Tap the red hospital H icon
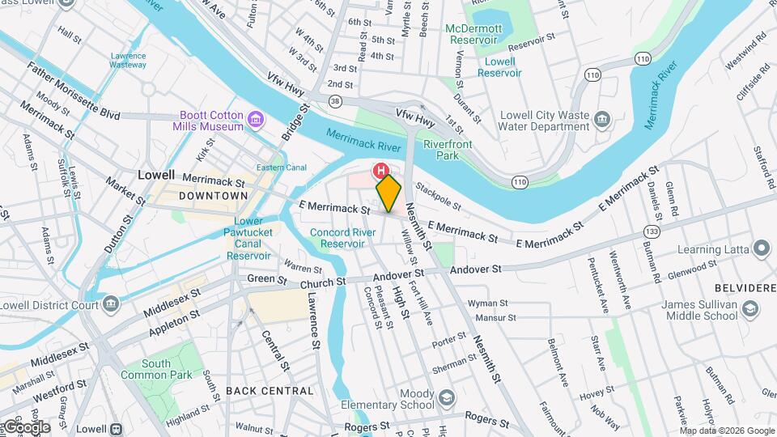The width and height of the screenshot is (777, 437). click(x=380, y=171)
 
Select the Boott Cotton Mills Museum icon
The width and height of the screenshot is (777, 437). click(x=256, y=121)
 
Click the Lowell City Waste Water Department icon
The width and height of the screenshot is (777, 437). click(x=601, y=121)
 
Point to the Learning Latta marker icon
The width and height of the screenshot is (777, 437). click(x=761, y=248)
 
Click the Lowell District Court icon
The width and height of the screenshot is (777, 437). click(x=112, y=304)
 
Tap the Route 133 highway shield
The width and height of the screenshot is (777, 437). click(x=651, y=231)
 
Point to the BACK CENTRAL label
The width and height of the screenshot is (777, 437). click(x=270, y=391)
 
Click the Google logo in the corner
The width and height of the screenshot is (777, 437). click(x=26, y=427)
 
